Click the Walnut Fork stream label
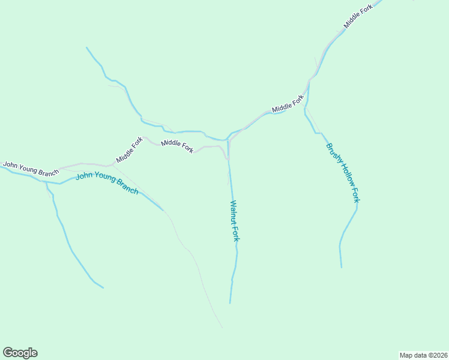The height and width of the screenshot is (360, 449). pyautogui.click(x=235, y=221)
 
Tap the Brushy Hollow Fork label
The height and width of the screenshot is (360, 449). pyautogui.click(x=342, y=172)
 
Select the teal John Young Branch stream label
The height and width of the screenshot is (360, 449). pyautogui.click(x=107, y=183)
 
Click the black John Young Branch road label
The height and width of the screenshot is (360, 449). pyautogui.click(x=31, y=168)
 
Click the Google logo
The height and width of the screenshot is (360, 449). pyautogui.click(x=20, y=353)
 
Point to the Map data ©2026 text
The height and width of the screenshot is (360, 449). pyautogui.click(x=423, y=355)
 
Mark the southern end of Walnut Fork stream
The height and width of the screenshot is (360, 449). pyautogui.click(x=230, y=303)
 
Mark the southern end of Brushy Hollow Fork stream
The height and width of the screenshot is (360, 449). pyautogui.click(x=342, y=267)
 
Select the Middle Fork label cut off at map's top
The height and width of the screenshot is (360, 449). pyautogui.click(x=358, y=16)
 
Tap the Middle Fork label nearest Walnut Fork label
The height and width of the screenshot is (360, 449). pyautogui.click(x=177, y=145)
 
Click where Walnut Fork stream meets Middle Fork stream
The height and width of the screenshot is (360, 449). pyautogui.click(x=228, y=140)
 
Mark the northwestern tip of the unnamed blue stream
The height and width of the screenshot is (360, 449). pyautogui.click(x=86, y=47)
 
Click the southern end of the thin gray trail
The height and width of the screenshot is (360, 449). pyautogui.click(x=222, y=328)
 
